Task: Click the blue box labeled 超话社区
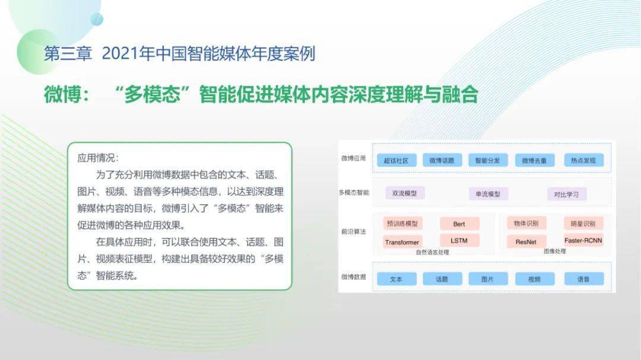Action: tap(396, 160)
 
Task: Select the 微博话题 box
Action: tap(442, 160)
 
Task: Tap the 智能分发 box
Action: tap(488, 160)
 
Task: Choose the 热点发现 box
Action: tap(583, 160)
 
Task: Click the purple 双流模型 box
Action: tap(405, 193)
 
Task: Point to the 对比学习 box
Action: tap(567, 194)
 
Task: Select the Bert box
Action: tap(459, 224)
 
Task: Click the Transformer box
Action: tap(402, 242)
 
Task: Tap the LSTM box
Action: tap(459, 241)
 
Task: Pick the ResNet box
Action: tap(526, 241)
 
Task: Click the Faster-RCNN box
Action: tap(583, 240)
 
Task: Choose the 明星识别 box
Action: tap(583, 224)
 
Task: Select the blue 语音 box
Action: tap(583, 279)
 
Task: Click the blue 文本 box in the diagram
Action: tap(396, 279)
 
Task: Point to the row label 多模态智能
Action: tap(354, 193)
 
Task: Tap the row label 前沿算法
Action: tap(354, 232)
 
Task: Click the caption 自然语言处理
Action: tap(433, 252)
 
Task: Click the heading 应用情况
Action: tap(98, 158)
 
